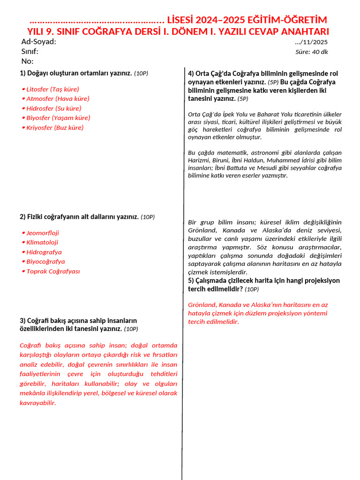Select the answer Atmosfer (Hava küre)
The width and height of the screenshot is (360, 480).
pyautogui.click(x=58, y=98)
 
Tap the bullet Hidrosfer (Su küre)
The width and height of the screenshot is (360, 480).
pyautogui.click(x=53, y=108)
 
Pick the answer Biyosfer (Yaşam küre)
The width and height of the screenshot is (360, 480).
pyautogui.click(x=58, y=118)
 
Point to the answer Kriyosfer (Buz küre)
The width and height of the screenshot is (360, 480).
pyautogui.click(x=55, y=127)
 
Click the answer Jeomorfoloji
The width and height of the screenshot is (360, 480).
pyautogui.click(x=43, y=233)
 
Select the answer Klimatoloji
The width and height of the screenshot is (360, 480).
pyautogui.click(x=42, y=242)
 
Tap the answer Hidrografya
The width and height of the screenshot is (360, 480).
pyautogui.click(x=44, y=252)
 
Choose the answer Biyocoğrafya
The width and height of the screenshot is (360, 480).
pyautogui.click(x=45, y=262)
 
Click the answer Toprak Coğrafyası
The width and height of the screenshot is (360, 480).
pyautogui.click(x=53, y=271)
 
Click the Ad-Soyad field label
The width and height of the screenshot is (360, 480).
pyautogui.click(x=39, y=42)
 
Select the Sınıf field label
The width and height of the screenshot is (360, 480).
pyautogui.click(x=30, y=52)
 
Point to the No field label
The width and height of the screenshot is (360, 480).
pyautogui.click(x=28, y=61)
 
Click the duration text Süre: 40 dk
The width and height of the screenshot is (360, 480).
pyautogui.click(x=311, y=52)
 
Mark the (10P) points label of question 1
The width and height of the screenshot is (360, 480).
pyautogui.click(x=141, y=74)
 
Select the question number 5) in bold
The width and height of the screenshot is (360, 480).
pyautogui.click(x=191, y=281)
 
